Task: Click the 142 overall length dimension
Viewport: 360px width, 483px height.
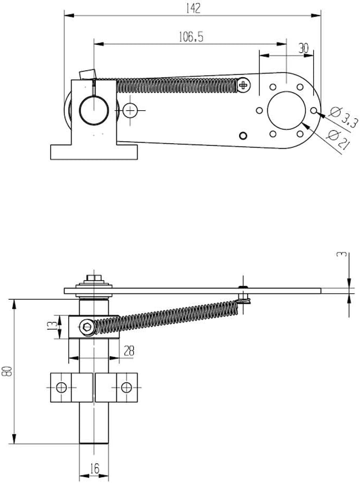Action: coord(193,9)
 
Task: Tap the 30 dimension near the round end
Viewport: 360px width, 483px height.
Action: coord(303,47)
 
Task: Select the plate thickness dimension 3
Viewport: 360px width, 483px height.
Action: coord(345,255)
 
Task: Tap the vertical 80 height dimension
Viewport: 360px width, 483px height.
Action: coord(6,371)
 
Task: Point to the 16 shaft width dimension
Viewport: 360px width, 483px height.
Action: coord(94,469)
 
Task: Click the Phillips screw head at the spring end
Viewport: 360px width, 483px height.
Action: coord(244,84)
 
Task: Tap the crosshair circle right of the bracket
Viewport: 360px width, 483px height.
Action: coord(130,110)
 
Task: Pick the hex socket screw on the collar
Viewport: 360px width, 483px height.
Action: coord(87,327)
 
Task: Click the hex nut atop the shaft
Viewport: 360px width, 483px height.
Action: coord(94,278)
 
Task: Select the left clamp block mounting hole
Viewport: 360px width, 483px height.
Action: coord(62,387)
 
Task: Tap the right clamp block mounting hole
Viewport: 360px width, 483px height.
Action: coord(126,387)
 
